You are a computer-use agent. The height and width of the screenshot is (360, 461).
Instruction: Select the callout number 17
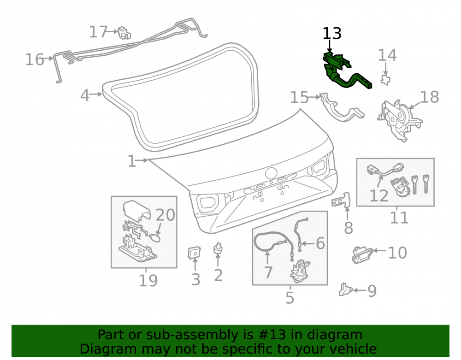click(99, 32)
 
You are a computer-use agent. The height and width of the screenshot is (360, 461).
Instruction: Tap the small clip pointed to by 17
click(124, 33)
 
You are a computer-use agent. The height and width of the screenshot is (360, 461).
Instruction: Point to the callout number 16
click(35, 59)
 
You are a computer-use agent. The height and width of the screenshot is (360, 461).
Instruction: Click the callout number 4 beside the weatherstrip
click(85, 95)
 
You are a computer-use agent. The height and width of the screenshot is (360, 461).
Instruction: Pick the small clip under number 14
click(385, 80)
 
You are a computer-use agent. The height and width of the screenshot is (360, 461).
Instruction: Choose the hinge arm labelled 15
click(341, 107)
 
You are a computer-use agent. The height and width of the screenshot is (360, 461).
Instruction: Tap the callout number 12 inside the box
click(379, 196)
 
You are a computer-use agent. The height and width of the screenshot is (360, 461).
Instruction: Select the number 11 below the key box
click(399, 218)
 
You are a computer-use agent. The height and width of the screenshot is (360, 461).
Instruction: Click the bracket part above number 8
click(342, 201)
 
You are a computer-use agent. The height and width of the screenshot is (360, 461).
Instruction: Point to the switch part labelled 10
click(362, 254)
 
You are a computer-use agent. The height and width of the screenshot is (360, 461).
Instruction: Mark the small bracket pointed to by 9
click(345, 289)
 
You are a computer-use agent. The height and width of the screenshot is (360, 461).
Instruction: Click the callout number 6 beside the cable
click(320, 243)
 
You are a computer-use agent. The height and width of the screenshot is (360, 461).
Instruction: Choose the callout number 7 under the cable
click(268, 272)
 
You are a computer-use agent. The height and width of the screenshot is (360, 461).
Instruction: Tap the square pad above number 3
click(195, 253)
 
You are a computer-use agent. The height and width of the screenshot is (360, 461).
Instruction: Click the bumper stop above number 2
click(218, 249)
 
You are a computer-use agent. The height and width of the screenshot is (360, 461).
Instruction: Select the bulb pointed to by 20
click(155, 237)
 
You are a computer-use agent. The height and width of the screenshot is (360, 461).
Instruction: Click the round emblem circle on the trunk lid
click(272, 173)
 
